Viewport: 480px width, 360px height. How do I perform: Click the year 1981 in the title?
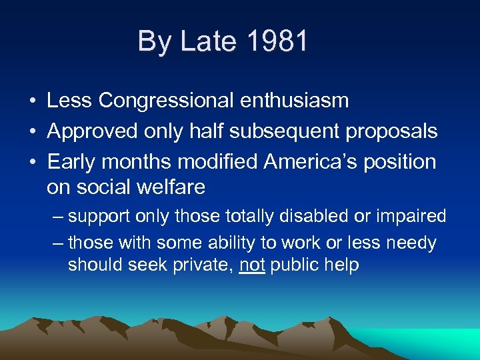[277, 41]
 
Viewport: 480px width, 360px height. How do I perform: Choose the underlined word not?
[252, 265]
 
